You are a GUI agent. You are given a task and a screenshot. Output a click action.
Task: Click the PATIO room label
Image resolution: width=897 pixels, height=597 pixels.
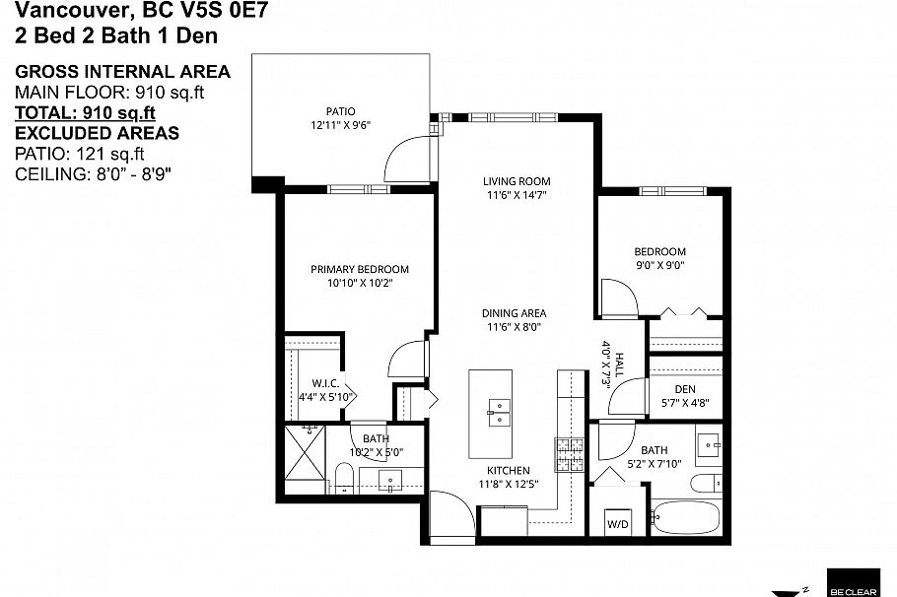coord(340,111)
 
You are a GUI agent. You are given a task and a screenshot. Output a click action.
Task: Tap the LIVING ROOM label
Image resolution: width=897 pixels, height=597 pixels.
coord(517,181)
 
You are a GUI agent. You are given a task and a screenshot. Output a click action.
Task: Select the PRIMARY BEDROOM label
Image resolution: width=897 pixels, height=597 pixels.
coord(359,269)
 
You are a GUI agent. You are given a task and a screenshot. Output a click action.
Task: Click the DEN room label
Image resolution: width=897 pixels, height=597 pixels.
coord(685,389)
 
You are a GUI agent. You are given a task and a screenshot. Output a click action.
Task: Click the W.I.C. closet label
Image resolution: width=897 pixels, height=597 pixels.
coord(326,383)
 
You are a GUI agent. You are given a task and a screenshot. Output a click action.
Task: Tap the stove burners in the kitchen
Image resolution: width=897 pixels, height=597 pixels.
coord(571,454)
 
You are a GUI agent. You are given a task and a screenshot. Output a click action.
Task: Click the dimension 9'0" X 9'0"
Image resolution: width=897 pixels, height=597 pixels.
coord(659,264)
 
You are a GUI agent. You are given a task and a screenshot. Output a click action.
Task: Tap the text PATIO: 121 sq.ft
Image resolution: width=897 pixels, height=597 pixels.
coord(79,153)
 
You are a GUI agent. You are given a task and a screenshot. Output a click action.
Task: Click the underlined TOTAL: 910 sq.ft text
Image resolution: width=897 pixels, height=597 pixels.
coord(85,112)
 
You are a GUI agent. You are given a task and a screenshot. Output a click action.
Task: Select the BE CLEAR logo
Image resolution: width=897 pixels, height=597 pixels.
coord(853,582)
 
